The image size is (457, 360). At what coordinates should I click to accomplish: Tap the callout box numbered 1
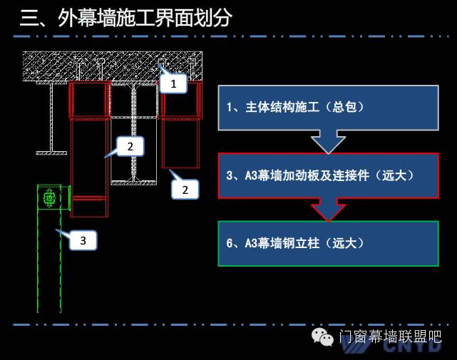[x=173, y=84]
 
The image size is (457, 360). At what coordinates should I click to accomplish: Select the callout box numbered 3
[x=83, y=241]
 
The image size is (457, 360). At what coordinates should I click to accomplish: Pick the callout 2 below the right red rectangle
[x=185, y=190]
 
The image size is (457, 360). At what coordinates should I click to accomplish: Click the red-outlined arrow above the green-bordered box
[x=328, y=210]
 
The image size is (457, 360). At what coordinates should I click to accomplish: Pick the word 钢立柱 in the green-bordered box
[x=304, y=244]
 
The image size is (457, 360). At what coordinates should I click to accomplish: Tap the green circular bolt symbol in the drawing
[x=49, y=198]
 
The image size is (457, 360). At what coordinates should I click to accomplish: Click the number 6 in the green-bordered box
[x=230, y=244]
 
